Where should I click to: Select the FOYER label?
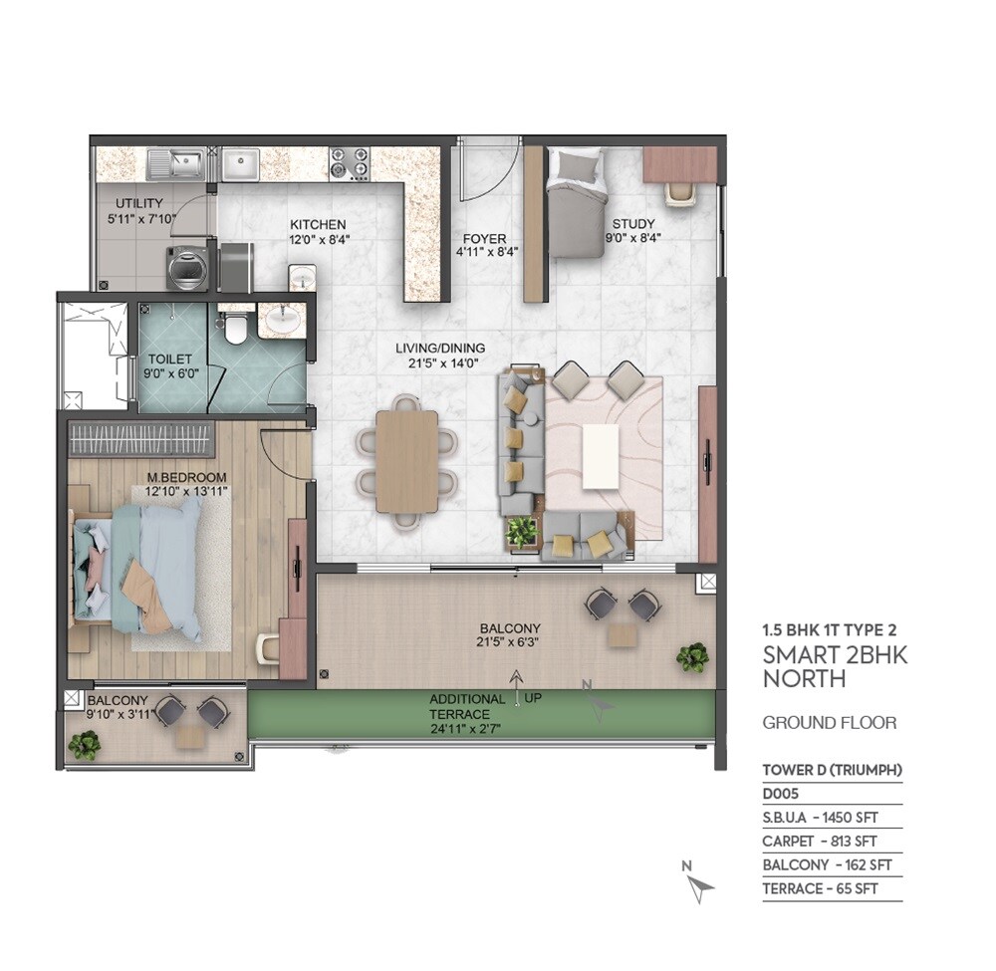(x=484, y=239)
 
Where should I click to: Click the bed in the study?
(x=577, y=204)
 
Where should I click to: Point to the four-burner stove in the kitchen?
(x=349, y=163)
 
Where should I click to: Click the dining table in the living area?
(x=407, y=461)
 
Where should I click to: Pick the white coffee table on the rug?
(x=600, y=456)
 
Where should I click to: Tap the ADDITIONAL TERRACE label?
(x=459, y=707)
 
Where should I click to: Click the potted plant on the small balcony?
(x=86, y=744)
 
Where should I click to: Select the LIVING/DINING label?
(x=439, y=349)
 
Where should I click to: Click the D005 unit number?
(x=780, y=794)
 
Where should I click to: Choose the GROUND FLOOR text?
(x=829, y=722)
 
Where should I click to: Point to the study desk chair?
(x=681, y=193)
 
